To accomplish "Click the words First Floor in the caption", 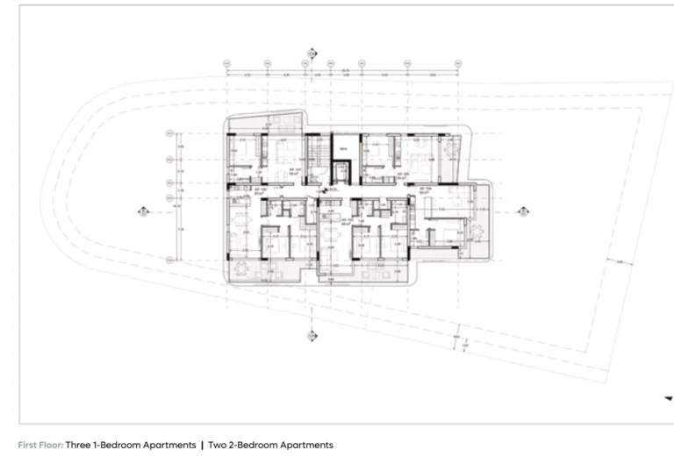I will pyautogui.click(x=39, y=446).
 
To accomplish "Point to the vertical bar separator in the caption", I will pyautogui.click(x=202, y=446).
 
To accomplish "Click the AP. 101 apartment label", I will pyautogui.click(x=262, y=189).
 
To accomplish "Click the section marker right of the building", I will pyautogui.click(x=522, y=211).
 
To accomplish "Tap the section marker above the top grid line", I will pyautogui.click(x=312, y=53).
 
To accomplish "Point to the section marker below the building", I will pyautogui.click(x=312, y=336).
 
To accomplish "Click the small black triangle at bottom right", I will pyautogui.click(x=667, y=397).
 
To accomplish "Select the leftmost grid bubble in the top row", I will pyautogui.click(x=226, y=63).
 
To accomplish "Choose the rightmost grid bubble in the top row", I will pyautogui.click(x=458, y=63).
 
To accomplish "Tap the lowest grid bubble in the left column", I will pyautogui.click(x=169, y=261).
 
